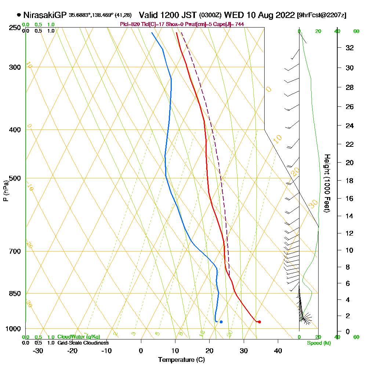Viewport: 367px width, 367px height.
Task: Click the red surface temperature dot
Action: (259, 322)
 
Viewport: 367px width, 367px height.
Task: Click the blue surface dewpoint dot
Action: (221, 322)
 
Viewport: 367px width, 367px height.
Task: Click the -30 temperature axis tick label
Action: (38, 350)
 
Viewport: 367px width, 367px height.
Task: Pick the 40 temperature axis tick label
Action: (278, 350)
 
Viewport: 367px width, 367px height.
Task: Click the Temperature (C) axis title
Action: (181, 360)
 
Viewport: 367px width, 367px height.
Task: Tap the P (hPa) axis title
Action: (6, 191)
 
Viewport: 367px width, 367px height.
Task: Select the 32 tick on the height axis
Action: (349, 48)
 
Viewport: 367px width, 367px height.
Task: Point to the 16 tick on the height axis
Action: (349, 199)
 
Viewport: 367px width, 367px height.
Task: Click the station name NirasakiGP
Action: (45, 15)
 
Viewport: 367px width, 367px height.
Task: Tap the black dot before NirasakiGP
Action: (19, 15)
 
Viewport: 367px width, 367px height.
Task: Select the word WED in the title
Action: (233, 15)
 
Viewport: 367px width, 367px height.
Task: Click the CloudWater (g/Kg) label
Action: (79, 337)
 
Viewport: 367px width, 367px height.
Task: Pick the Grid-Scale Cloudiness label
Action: (83, 343)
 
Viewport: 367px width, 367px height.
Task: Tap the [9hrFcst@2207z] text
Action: (322, 15)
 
